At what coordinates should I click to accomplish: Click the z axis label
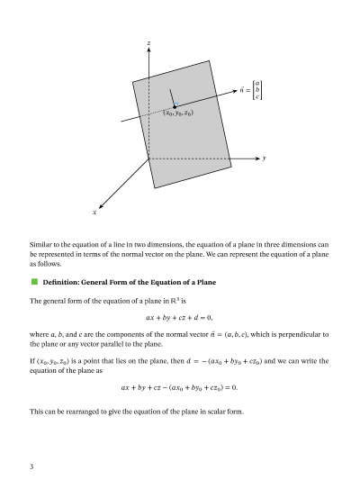coord(148,42)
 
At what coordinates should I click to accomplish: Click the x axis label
coord(94,212)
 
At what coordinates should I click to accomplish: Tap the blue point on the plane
coord(175,106)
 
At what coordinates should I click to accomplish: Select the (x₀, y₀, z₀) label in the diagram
coord(177,114)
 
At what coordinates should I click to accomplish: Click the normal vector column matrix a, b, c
coord(257,89)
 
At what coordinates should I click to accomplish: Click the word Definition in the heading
coord(63,283)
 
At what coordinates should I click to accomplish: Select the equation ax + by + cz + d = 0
coord(179,317)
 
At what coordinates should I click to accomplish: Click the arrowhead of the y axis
coord(256,158)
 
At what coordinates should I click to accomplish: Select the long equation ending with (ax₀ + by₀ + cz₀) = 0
coord(179,387)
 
